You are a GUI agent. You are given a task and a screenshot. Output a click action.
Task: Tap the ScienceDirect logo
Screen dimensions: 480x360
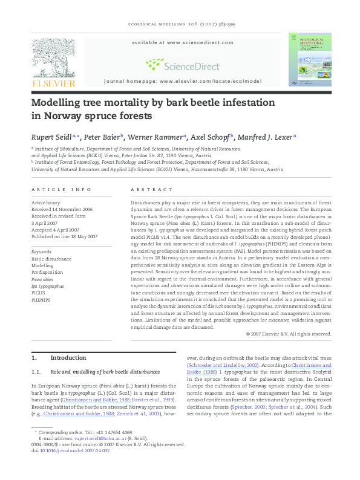[177, 64]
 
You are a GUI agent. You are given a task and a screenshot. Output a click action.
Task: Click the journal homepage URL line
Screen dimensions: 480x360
[183, 80]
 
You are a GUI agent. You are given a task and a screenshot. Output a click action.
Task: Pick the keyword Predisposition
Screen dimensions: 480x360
[47, 272]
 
